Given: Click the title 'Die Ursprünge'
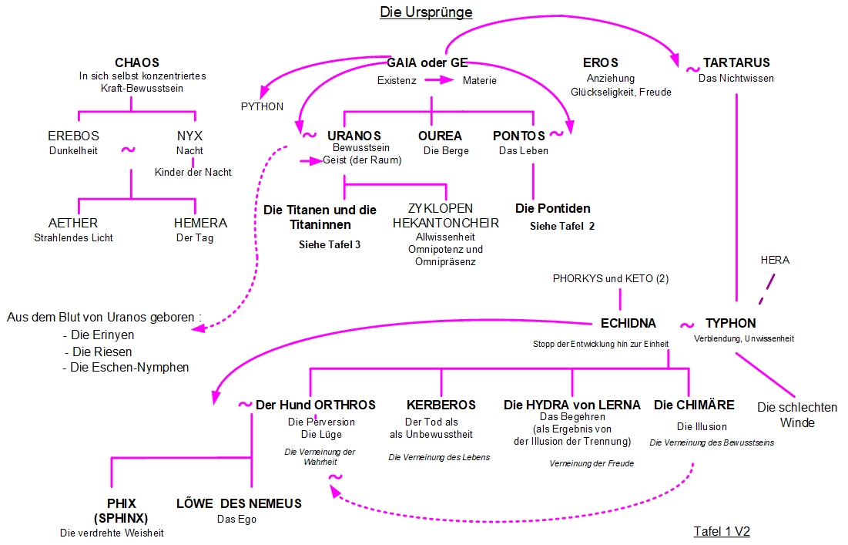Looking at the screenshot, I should tap(426, 12).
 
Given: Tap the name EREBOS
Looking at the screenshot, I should tap(73, 136).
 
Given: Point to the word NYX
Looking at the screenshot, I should tap(189, 136).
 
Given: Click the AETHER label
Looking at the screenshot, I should tap(73, 224).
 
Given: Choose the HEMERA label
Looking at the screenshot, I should tap(200, 224).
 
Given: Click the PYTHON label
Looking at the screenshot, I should tap(262, 106).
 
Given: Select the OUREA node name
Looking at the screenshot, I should tap(440, 136).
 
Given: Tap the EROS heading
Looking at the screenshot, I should tap(601, 62).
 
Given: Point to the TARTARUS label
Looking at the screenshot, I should tap(736, 62).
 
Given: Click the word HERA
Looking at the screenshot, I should tap(774, 261).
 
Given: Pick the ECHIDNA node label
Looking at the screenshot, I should tap(628, 323).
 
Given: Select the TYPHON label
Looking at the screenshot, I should tap(730, 323).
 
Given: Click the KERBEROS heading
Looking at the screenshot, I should tap(441, 405).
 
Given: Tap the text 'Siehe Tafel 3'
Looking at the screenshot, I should tap(330, 245).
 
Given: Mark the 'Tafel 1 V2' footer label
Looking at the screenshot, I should tap(722, 532).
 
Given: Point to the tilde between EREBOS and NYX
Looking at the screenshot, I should tap(129, 148).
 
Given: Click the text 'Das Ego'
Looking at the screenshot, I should tap(236, 519).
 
